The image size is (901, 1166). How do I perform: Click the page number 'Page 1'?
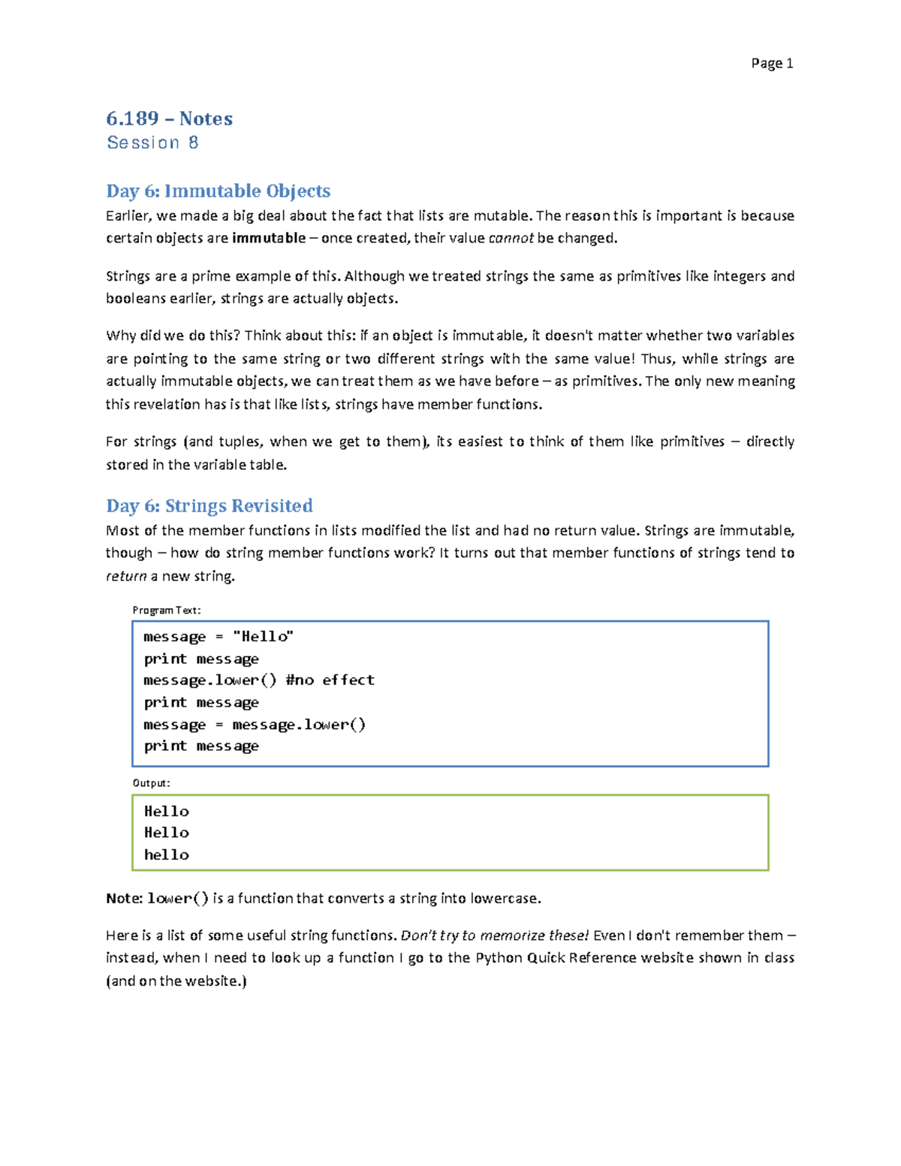(x=771, y=63)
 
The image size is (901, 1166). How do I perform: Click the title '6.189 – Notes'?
(x=169, y=119)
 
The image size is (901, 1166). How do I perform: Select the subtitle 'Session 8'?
(x=152, y=143)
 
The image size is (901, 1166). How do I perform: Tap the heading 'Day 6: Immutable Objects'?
(x=218, y=191)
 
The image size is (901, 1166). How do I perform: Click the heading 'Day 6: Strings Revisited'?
(x=209, y=505)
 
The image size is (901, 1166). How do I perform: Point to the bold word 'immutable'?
(x=269, y=238)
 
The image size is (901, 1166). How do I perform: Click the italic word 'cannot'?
(x=511, y=238)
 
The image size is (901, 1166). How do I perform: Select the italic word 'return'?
(x=126, y=576)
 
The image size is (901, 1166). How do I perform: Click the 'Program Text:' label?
(x=166, y=610)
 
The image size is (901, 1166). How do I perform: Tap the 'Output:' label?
(x=151, y=783)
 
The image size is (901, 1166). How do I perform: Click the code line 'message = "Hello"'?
(x=218, y=637)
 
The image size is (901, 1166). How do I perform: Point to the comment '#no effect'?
(x=330, y=680)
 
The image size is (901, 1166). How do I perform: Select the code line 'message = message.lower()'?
(x=255, y=725)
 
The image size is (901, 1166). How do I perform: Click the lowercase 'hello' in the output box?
(x=166, y=854)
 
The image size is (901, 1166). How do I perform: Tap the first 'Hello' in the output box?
(x=166, y=811)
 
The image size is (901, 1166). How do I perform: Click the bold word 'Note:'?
(x=124, y=898)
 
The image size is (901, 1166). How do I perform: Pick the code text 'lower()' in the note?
(x=178, y=898)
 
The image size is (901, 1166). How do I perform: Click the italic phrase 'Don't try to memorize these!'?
(x=495, y=936)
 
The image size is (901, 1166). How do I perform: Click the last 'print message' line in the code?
(x=201, y=746)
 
